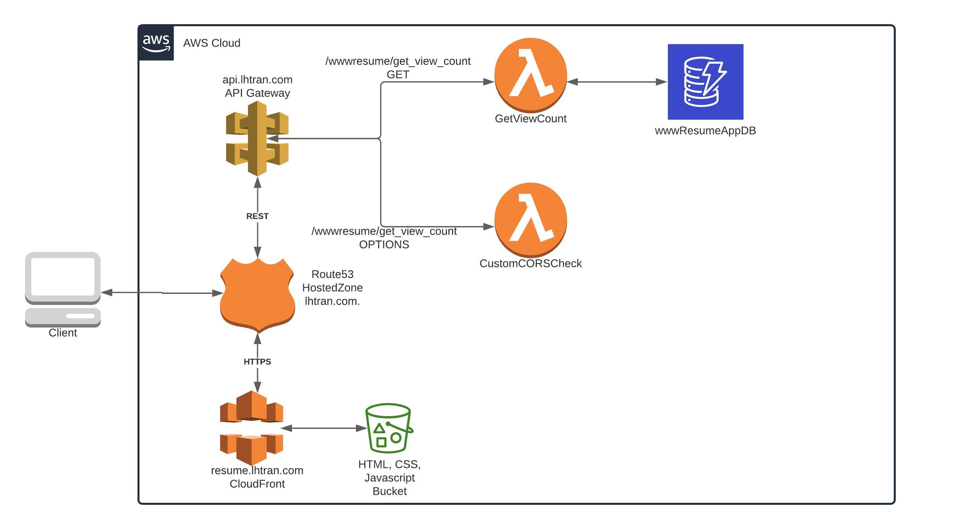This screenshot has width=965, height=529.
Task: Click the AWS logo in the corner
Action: pyautogui.click(x=156, y=43)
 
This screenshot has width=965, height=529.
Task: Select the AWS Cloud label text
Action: pyautogui.click(x=212, y=43)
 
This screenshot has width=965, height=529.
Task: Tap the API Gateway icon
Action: pyautogui.click(x=257, y=138)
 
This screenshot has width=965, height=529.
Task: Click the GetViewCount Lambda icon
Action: pyautogui.click(x=530, y=75)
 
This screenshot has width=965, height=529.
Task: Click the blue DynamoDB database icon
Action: pyautogui.click(x=706, y=82)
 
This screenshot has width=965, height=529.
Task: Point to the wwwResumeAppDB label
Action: pyautogui.click(x=705, y=131)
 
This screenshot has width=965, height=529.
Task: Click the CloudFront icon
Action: pyautogui.click(x=252, y=427)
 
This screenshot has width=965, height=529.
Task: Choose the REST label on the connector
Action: pyautogui.click(x=257, y=216)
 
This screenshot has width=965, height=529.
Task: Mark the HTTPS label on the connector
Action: pyautogui.click(x=257, y=362)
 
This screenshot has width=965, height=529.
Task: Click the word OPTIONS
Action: pyautogui.click(x=384, y=245)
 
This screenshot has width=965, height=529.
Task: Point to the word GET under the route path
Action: pyautogui.click(x=398, y=75)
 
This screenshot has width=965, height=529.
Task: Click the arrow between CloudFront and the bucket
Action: pyautogui.click(x=324, y=428)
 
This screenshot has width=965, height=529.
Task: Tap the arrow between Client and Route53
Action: pyautogui.click(x=162, y=293)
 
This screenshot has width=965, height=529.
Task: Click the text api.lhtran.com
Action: pyautogui.click(x=257, y=80)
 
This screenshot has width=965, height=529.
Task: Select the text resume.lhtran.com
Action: pyautogui.click(x=257, y=470)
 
